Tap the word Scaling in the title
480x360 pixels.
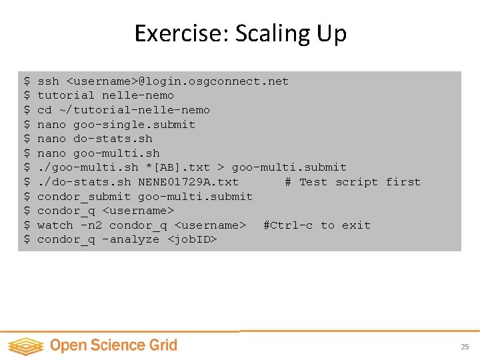click(x=274, y=34)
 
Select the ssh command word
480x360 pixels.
click(x=48, y=81)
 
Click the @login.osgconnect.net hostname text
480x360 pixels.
click(x=213, y=81)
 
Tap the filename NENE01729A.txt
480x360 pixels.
click(x=188, y=182)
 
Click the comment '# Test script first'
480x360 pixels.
click(x=353, y=182)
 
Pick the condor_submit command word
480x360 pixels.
click(x=84, y=197)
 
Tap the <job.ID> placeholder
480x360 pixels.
click(x=193, y=239)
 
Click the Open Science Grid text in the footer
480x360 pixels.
click(x=113, y=345)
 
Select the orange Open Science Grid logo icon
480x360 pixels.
click(x=25, y=346)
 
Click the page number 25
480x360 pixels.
click(x=465, y=347)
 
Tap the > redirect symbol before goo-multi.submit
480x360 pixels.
click(x=221, y=167)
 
